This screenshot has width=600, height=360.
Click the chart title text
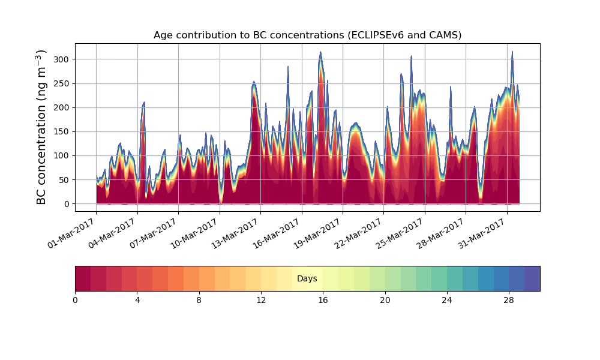[x=307, y=35]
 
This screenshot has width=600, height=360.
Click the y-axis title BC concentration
[x=41, y=127]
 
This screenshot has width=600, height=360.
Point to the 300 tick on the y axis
[x=62, y=59]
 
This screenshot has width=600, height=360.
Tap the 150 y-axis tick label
[x=62, y=131]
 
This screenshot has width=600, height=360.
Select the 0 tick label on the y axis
[x=67, y=204]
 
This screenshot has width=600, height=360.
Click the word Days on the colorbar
[x=307, y=279]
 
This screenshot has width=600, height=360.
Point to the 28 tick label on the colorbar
[x=509, y=300]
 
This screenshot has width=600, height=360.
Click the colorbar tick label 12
[x=261, y=300]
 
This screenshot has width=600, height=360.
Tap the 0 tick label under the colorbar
[x=75, y=300]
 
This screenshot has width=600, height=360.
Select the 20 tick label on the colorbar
[x=385, y=300]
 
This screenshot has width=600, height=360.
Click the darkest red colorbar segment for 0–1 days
[x=83, y=279]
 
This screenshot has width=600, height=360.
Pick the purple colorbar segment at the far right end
[x=532, y=279]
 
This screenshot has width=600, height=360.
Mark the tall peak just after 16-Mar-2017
[x=320, y=53]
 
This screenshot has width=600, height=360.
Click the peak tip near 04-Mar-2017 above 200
[x=144, y=103]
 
